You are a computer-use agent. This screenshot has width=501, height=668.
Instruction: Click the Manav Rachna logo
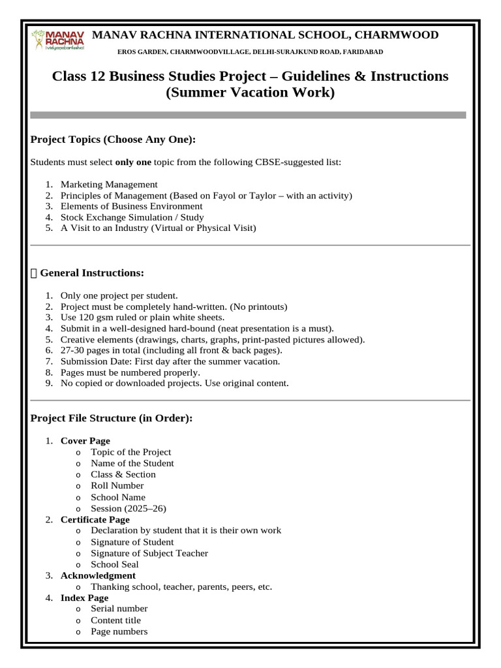(x=57, y=40)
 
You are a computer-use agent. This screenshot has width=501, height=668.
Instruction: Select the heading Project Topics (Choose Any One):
(x=114, y=140)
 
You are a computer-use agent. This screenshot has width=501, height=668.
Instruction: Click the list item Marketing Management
(x=109, y=185)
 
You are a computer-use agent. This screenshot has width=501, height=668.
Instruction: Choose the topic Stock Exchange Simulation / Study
(x=132, y=217)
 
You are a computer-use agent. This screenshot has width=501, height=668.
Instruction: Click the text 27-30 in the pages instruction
(x=72, y=350)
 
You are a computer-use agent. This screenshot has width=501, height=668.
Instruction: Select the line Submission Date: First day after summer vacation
(x=170, y=361)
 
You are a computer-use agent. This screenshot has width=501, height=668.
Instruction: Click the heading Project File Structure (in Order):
(x=112, y=418)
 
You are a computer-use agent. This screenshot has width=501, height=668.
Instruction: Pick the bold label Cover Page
(x=85, y=441)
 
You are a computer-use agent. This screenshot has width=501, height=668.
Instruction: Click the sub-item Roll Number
(x=117, y=485)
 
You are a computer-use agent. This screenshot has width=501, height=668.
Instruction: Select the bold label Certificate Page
(x=95, y=519)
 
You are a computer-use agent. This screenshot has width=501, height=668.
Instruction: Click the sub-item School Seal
(x=115, y=564)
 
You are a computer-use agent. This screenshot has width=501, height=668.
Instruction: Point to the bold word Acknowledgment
(x=98, y=575)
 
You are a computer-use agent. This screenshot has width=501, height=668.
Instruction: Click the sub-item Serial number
(x=119, y=609)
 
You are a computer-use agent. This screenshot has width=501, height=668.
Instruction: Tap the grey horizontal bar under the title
(x=249, y=115)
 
